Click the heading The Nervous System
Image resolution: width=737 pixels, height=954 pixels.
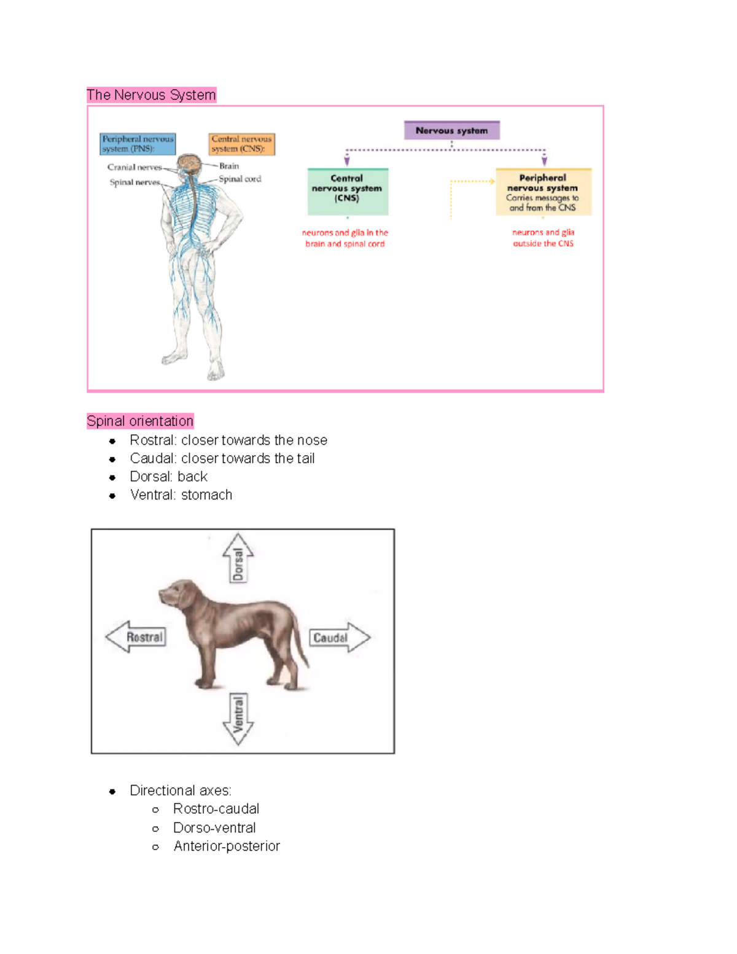[x=151, y=95]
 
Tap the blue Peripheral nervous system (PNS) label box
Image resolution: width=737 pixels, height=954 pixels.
[x=138, y=144]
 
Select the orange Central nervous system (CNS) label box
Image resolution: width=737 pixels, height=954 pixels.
[x=241, y=144]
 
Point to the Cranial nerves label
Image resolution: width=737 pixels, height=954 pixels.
[x=134, y=167]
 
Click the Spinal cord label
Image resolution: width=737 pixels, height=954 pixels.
[x=240, y=179]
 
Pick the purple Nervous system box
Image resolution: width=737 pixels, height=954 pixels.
[x=451, y=130]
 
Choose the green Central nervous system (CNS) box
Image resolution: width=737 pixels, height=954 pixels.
[x=347, y=191]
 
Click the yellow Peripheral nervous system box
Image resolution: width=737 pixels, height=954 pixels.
[x=543, y=192]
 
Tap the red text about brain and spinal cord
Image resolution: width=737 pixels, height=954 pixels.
[x=345, y=238]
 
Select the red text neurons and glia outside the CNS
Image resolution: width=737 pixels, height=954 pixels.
[x=543, y=238]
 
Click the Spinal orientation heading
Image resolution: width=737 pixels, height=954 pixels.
[x=140, y=421]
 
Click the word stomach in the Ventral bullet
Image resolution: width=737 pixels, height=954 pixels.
[x=206, y=495]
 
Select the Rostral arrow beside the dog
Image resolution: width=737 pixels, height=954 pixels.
[x=136, y=637]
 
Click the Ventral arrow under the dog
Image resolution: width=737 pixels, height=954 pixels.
[x=238, y=719]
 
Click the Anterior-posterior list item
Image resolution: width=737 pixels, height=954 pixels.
[x=226, y=846]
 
